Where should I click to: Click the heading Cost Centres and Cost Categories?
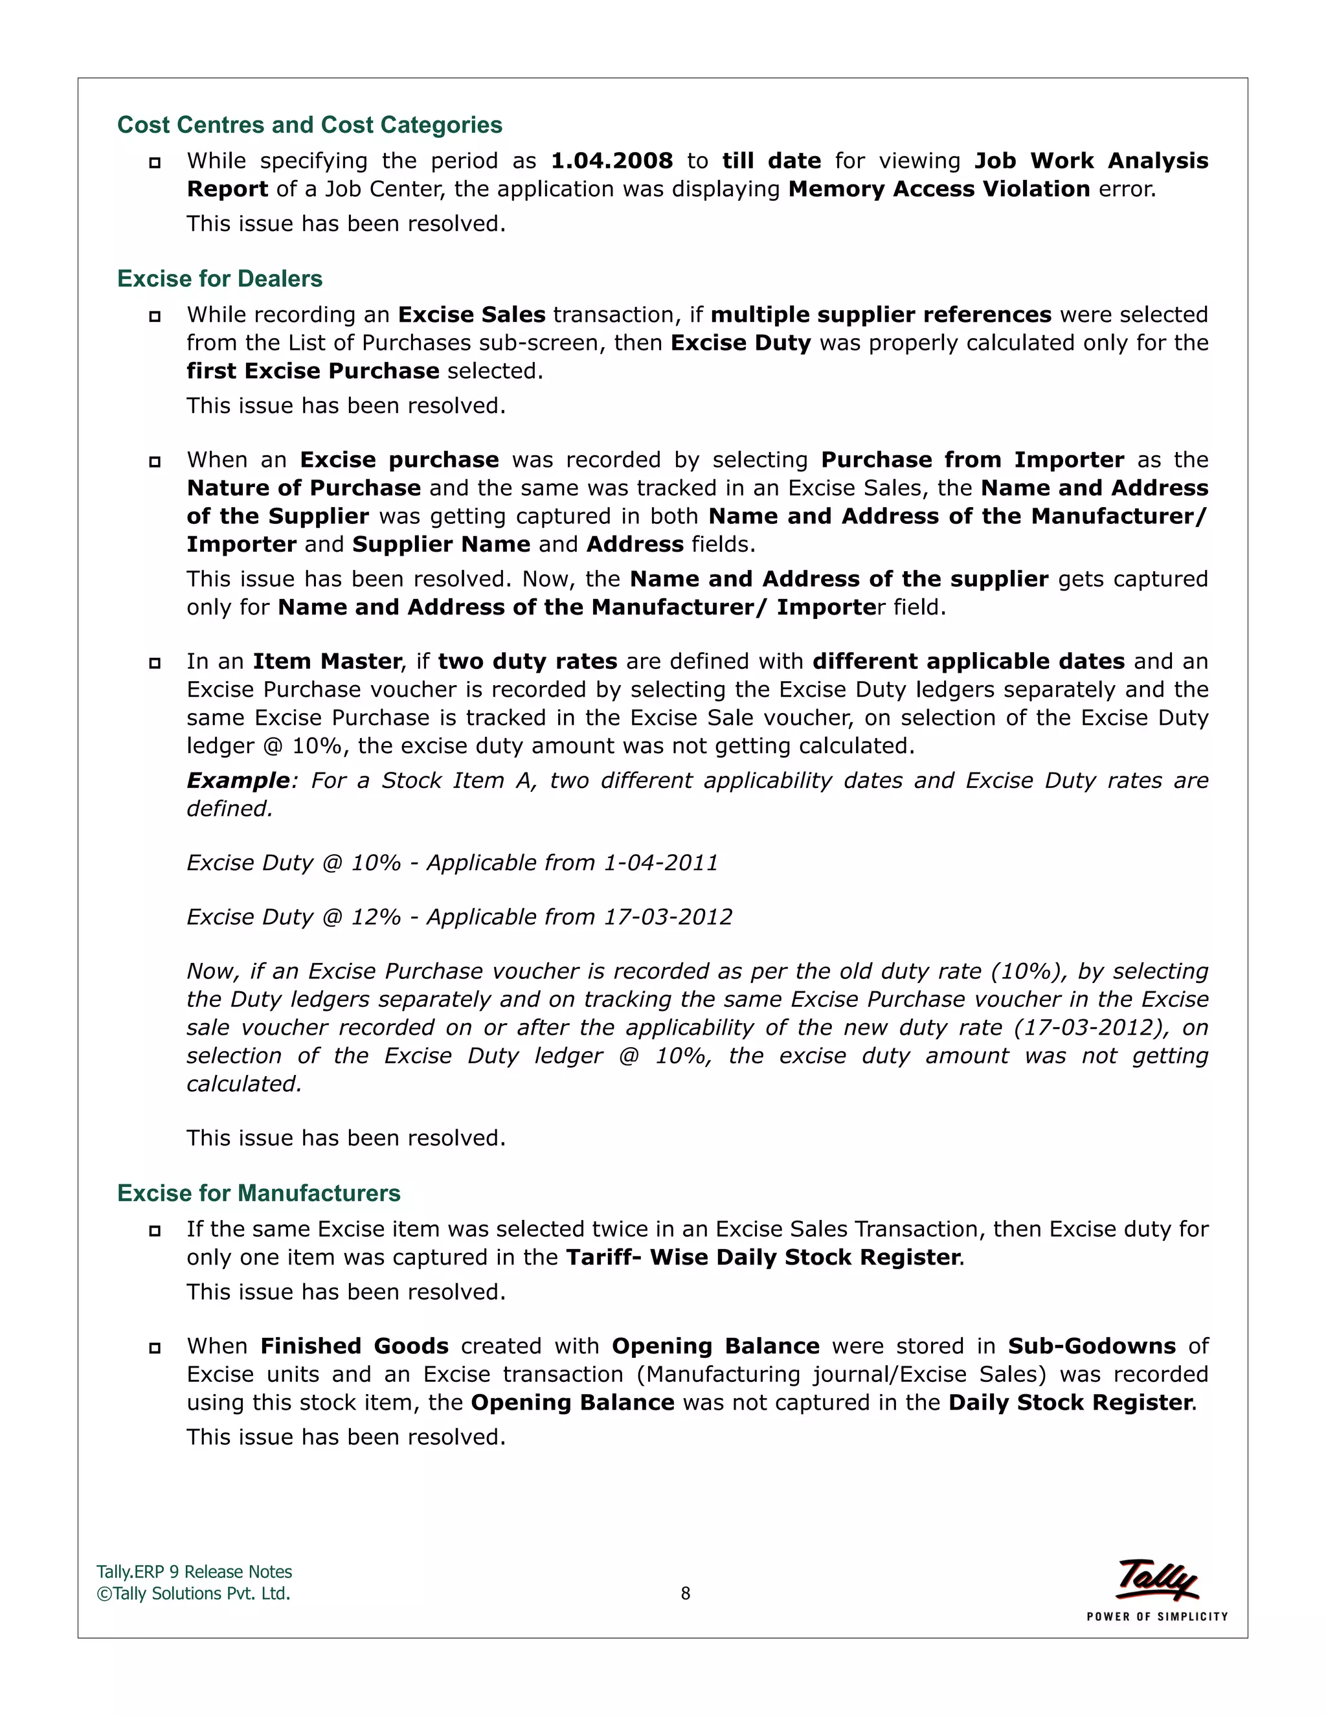(x=309, y=125)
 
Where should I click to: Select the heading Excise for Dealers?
(x=219, y=279)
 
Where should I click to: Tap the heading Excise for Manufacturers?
(x=258, y=1193)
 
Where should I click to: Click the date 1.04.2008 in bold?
(x=611, y=161)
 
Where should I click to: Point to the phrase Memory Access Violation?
(x=939, y=189)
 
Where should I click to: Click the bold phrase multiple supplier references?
(x=881, y=315)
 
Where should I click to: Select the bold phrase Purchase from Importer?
(x=972, y=460)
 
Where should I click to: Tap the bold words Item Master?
(x=327, y=662)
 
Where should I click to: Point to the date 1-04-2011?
(x=660, y=863)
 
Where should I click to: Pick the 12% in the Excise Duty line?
(x=376, y=918)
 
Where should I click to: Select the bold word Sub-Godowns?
(x=1092, y=1346)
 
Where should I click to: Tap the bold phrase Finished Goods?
(x=354, y=1346)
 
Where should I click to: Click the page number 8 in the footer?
(x=685, y=1594)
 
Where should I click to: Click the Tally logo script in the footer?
(x=1157, y=1579)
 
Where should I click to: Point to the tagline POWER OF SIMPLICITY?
(x=1157, y=1616)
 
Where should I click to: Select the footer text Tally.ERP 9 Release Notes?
(x=194, y=1572)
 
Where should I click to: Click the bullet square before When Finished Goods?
(x=155, y=1348)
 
